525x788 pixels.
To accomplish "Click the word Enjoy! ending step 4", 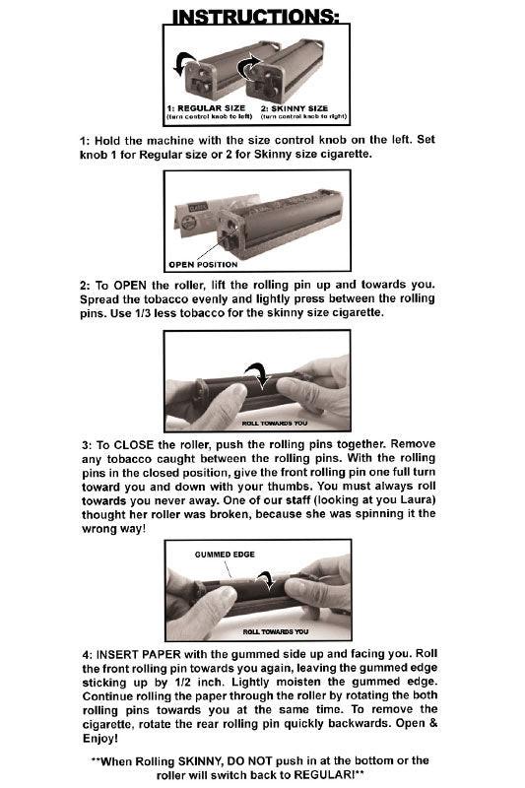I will click(101, 738).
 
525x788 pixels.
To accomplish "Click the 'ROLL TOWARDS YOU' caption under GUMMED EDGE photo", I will click(276, 632).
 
